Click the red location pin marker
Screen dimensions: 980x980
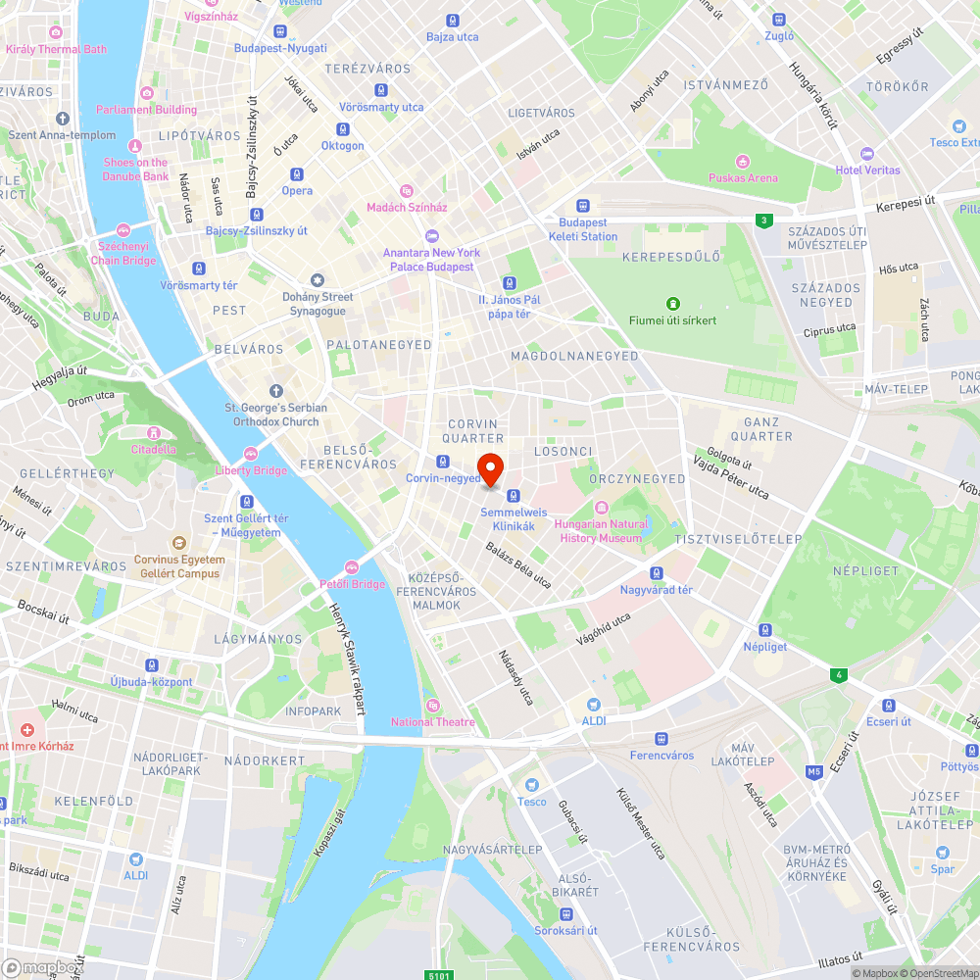(x=490, y=469)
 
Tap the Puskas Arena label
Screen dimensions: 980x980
(x=743, y=178)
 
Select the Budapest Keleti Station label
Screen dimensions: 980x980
(x=583, y=229)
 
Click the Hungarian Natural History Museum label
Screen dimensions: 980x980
(x=601, y=530)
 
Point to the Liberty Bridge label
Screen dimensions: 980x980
(x=252, y=470)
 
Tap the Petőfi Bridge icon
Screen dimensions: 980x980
(x=353, y=567)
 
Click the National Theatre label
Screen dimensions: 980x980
(x=432, y=722)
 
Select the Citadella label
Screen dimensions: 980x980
(x=154, y=449)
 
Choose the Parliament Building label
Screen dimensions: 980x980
(x=147, y=110)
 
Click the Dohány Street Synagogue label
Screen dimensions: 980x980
(x=317, y=304)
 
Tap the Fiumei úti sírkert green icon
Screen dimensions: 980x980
(x=672, y=304)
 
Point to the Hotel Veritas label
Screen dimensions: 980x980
(x=867, y=171)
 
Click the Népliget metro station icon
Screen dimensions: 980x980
(x=765, y=630)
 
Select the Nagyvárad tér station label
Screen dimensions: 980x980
(x=657, y=590)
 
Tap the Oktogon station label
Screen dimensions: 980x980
(x=342, y=146)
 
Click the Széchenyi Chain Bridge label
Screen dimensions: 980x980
(x=123, y=254)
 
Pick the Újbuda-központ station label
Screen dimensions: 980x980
(x=151, y=682)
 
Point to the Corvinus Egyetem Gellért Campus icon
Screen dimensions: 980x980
(x=179, y=542)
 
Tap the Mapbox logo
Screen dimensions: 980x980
(x=41, y=967)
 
